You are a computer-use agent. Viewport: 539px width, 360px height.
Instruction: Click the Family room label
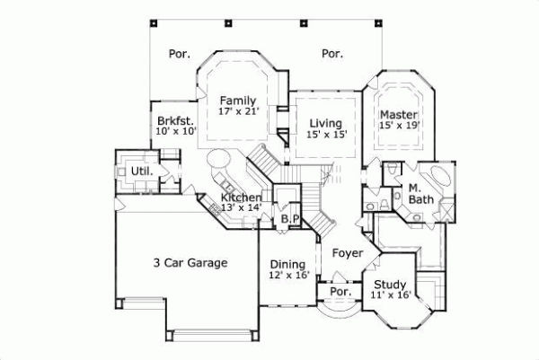[x=238, y=101]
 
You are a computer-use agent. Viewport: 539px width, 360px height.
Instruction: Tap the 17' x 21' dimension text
[x=238, y=113]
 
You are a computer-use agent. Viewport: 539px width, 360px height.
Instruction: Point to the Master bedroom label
[x=396, y=115]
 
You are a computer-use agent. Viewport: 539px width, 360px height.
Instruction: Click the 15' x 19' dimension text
[x=396, y=127]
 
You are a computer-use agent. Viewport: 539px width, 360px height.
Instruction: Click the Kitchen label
[x=242, y=198]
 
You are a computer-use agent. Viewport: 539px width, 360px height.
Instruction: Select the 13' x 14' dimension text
[x=242, y=208]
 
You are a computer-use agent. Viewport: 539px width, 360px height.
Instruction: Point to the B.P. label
[x=290, y=218]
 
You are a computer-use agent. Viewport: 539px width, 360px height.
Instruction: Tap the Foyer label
[x=348, y=253]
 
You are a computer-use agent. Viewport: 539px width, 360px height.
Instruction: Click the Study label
[x=390, y=285]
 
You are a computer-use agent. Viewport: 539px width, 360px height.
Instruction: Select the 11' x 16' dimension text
[x=390, y=296]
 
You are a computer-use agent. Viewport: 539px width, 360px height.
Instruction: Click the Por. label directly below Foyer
[x=340, y=293]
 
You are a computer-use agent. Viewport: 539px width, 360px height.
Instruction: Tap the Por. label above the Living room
[x=332, y=54]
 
